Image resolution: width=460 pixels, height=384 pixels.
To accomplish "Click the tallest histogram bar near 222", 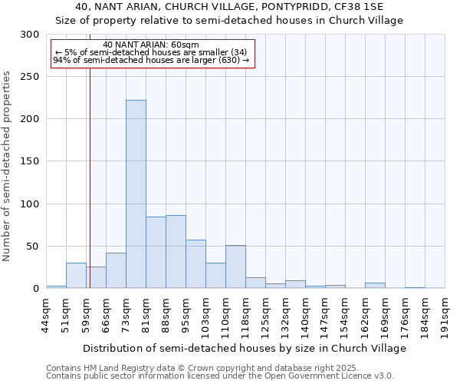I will click(x=136, y=194).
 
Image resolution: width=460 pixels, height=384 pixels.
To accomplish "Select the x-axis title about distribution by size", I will click(x=245, y=348).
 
